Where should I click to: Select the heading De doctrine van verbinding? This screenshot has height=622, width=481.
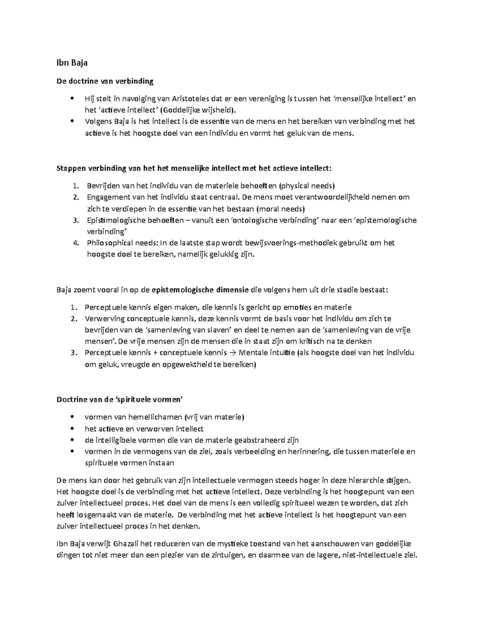[x=105, y=81]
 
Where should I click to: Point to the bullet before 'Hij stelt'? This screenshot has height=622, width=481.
[x=72, y=99]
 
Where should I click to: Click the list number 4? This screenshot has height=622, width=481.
[x=76, y=243]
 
